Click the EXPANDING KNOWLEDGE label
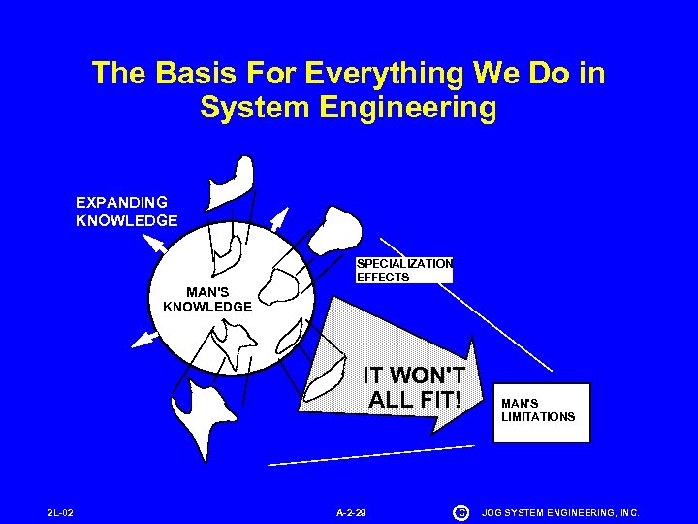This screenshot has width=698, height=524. point(126,212)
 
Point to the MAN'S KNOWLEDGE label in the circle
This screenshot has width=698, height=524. point(207,299)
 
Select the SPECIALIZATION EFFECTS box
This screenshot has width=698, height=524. point(403,270)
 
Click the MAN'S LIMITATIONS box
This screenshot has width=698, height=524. point(540,410)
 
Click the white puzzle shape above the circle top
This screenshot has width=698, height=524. point(233,179)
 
